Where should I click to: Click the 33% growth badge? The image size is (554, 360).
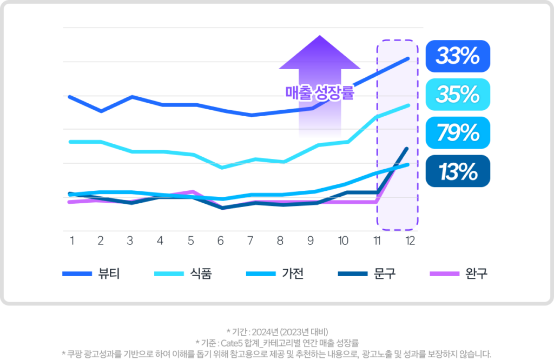tap(458, 56)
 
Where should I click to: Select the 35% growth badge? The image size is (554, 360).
tap(458, 95)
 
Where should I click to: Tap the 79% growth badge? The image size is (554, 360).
tap(458, 132)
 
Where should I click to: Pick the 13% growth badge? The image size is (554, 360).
tap(458, 171)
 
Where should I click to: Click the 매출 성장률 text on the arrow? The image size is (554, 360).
tap(320, 94)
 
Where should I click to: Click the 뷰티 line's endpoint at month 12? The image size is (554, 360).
tap(408, 58)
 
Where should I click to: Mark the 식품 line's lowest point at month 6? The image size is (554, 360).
tap(221, 168)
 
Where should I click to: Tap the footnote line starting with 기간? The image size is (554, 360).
tap(276, 331)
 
